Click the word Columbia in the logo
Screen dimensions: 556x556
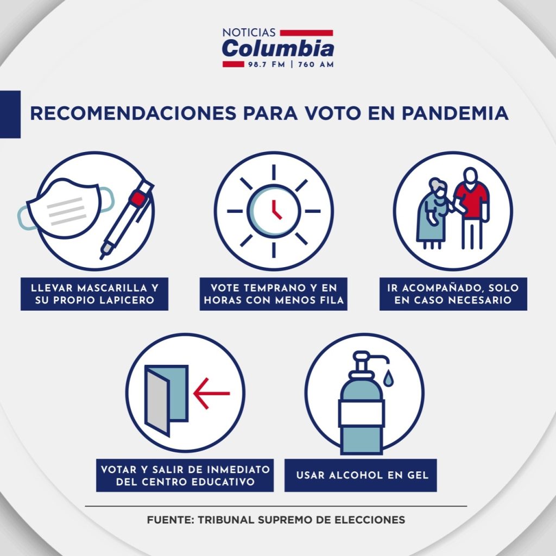278,48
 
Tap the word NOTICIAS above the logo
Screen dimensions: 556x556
249,33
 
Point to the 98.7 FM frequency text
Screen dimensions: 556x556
267,65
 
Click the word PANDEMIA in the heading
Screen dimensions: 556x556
455,113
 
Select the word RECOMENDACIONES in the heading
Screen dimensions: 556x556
133,113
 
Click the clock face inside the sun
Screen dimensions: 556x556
274,211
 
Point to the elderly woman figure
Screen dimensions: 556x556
433,213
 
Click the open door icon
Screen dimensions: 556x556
166,400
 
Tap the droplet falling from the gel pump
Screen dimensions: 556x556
388,377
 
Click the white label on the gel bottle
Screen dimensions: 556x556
362,413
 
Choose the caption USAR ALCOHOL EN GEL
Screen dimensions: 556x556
362,475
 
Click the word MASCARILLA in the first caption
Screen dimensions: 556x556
112,288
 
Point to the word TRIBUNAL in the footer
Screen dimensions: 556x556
226,520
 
